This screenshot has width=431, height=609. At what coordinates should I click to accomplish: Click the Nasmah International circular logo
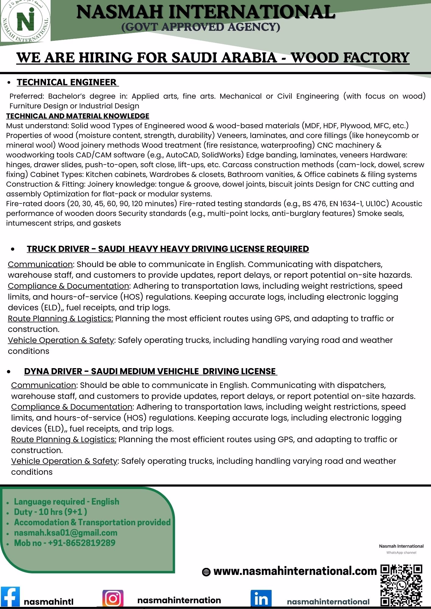(25, 22)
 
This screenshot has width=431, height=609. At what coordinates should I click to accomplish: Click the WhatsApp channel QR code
(402, 585)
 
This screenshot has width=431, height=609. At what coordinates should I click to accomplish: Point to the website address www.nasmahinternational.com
(295, 571)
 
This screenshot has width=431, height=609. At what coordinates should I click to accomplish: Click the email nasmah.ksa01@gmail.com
(66, 533)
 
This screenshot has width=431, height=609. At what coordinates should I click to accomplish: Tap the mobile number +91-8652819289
(65, 543)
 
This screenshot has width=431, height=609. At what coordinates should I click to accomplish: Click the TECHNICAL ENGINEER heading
(67, 82)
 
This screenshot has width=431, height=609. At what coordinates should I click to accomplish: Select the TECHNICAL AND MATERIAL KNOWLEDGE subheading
(78, 116)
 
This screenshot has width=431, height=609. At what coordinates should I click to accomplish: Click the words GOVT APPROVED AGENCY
(201, 27)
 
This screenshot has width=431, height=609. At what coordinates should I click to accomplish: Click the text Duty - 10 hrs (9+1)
(50, 512)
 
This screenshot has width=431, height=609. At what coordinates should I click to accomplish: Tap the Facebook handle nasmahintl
(49, 602)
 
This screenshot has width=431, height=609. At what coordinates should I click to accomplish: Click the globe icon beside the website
(206, 572)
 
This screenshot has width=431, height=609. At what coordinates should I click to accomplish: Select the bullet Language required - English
(66, 502)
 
